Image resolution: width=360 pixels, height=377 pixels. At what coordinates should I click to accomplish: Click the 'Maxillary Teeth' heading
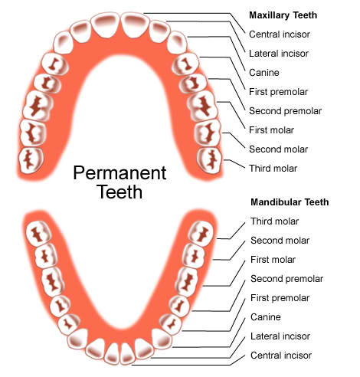283,15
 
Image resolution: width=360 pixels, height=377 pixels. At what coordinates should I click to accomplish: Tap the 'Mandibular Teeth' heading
290,202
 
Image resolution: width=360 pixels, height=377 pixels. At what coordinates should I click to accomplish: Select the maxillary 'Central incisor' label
280,34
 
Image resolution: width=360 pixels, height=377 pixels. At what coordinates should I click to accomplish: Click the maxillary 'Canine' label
264,73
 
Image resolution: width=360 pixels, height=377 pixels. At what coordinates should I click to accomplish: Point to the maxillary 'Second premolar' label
285,111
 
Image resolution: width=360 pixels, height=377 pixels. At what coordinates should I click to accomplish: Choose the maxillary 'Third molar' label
273,169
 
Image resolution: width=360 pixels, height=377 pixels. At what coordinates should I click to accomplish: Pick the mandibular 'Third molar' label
274,221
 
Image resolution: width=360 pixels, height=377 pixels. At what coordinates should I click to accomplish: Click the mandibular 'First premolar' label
280,298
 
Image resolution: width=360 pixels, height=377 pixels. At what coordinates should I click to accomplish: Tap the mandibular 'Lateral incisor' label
280,336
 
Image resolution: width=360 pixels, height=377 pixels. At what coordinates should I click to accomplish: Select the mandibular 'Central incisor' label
281,356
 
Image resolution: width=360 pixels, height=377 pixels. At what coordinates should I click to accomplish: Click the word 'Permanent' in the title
119,173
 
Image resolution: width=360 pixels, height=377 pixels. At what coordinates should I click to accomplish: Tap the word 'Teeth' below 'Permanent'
119,192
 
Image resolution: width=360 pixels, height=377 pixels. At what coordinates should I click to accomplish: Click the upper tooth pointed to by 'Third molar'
210,160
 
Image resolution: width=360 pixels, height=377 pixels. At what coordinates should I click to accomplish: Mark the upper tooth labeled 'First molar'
202,106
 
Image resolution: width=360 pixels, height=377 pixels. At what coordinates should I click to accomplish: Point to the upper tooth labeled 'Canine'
178,43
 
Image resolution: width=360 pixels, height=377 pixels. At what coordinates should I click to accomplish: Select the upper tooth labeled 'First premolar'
185,64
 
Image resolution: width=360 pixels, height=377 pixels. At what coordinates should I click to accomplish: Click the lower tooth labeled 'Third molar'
202,234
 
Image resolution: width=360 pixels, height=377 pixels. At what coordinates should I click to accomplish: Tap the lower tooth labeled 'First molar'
188,281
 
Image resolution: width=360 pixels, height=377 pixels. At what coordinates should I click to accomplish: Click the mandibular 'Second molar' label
280,241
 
